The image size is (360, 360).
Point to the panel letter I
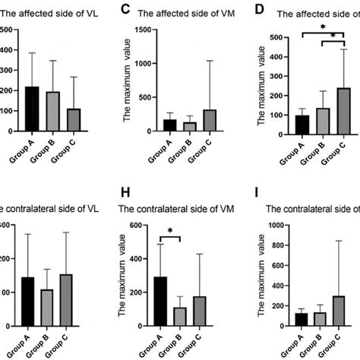(x=260, y=208)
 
